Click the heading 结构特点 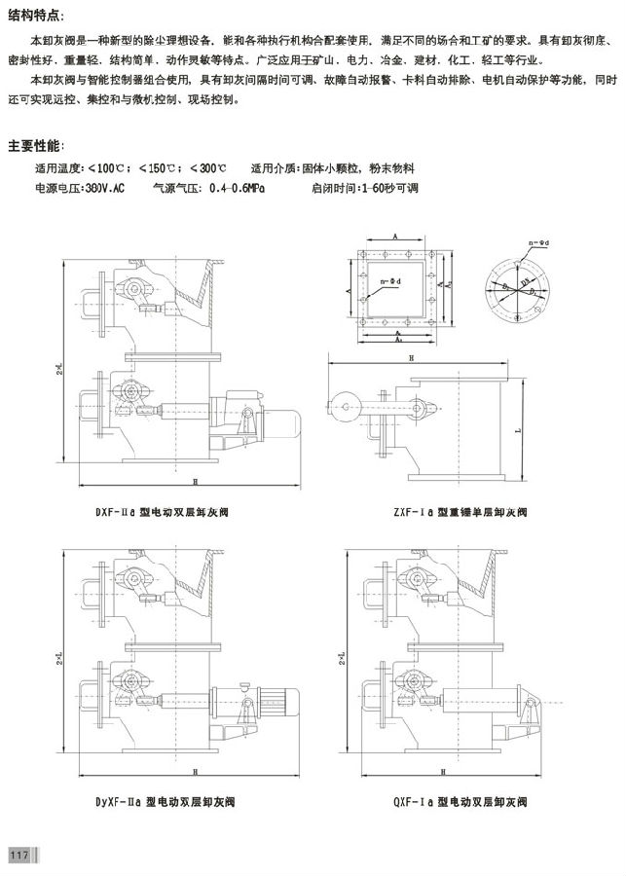click(37, 17)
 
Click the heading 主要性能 click(37, 146)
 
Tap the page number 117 click(18, 855)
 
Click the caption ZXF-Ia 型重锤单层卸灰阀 click(447, 509)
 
